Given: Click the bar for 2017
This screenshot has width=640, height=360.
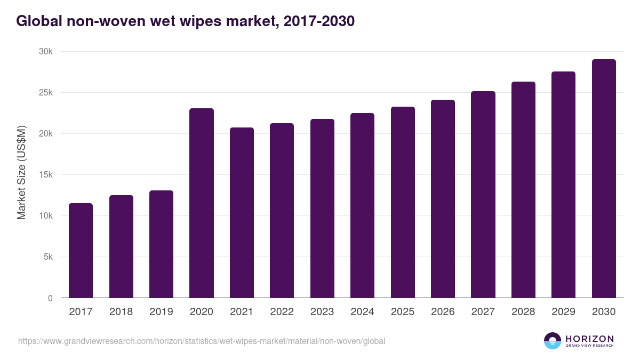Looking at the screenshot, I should (x=81, y=251).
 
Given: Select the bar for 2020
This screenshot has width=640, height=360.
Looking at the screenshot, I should (x=202, y=203).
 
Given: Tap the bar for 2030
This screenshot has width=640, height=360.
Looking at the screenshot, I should (x=604, y=179).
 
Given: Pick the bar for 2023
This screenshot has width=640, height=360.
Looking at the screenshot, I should (x=322, y=209).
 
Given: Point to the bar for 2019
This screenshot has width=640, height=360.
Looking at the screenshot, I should (x=161, y=244).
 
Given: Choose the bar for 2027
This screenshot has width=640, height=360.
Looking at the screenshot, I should (x=483, y=195).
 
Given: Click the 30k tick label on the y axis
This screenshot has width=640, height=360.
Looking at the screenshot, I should (x=46, y=52).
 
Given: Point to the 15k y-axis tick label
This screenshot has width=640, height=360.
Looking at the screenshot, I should (x=46, y=175).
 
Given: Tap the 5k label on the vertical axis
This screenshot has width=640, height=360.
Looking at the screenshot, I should (x=48, y=257).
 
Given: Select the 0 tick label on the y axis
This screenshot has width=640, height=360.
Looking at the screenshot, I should (x=50, y=298).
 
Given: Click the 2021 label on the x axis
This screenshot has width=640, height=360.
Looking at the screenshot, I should (x=242, y=312).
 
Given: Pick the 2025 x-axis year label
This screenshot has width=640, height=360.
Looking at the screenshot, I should (x=403, y=312).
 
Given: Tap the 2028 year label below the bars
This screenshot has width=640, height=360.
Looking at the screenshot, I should (x=523, y=312).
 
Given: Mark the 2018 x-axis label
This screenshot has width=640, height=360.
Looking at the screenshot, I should (x=121, y=312).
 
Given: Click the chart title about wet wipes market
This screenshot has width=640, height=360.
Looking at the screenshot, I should (x=186, y=21).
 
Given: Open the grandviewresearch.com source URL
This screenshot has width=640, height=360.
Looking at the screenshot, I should (x=202, y=341).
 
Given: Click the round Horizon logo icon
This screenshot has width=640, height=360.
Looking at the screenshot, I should (x=553, y=341).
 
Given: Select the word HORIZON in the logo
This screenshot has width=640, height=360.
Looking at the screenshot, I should (x=589, y=338).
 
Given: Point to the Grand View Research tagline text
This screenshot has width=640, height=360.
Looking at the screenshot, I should (x=589, y=346).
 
